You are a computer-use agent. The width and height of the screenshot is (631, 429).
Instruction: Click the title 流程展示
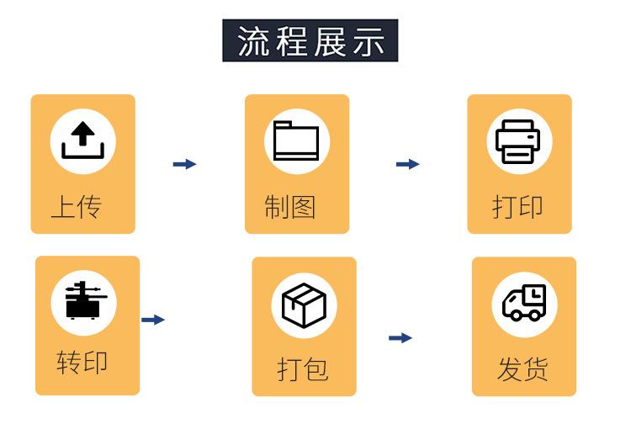click(x=310, y=41)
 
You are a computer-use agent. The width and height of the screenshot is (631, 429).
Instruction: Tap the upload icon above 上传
click(x=82, y=140)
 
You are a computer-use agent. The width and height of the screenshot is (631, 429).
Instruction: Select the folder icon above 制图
click(x=296, y=140)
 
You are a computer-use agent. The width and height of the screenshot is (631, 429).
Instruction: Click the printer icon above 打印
click(x=518, y=141)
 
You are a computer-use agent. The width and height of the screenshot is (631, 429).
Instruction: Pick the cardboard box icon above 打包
click(x=303, y=304)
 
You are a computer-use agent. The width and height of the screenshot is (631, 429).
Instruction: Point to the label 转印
click(x=82, y=363)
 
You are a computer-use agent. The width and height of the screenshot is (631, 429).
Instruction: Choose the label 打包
click(x=302, y=368)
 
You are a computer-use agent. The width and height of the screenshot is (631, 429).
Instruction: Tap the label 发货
click(x=522, y=368)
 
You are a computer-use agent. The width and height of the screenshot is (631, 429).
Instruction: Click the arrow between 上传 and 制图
click(x=184, y=164)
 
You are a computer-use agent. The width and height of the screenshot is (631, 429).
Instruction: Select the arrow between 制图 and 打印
click(x=407, y=164)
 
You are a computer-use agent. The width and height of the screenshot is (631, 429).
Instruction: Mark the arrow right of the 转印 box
click(x=152, y=320)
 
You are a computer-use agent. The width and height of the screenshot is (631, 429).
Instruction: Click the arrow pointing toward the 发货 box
click(x=400, y=338)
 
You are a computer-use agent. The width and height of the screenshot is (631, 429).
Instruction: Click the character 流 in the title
click(x=253, y=41)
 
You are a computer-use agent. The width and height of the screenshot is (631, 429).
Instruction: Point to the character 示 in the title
click(x=369, y=41)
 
